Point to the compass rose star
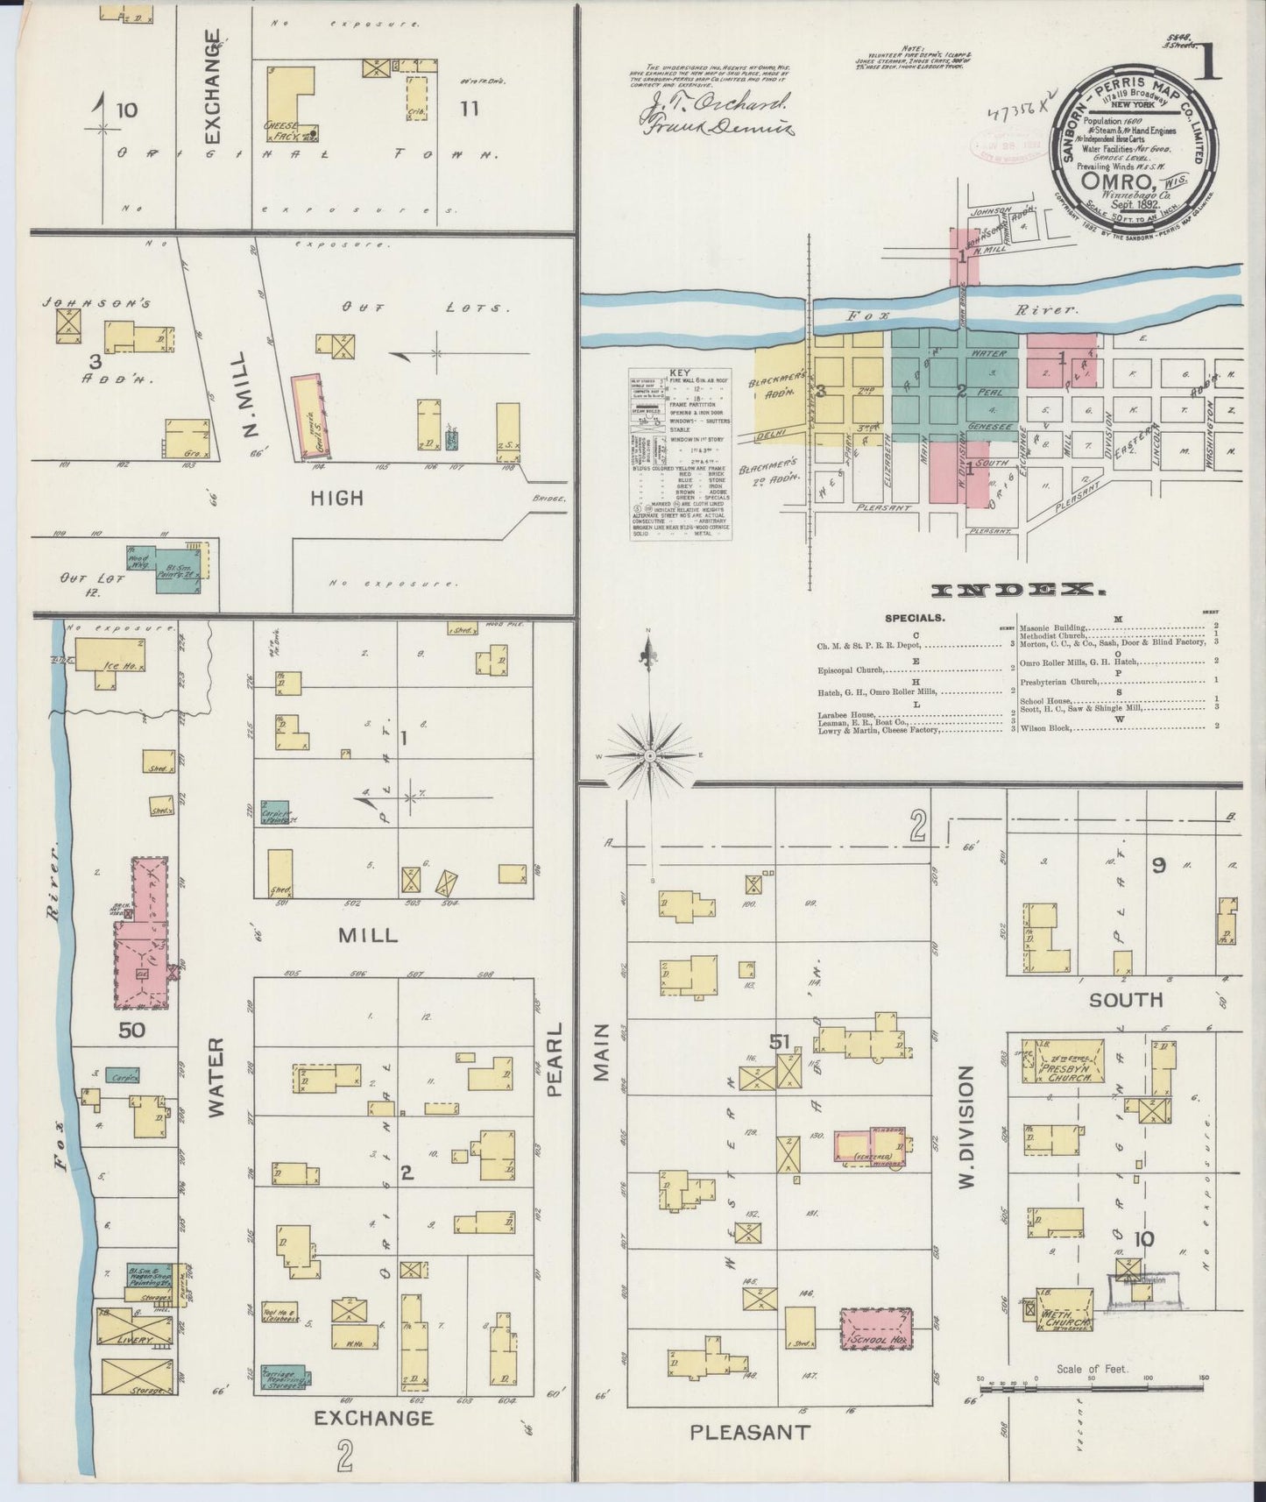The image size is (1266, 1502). click(x=649, y=755)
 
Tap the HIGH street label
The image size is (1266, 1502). click(x=337, y=498)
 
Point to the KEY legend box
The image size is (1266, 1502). click(x=682, y=452)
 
